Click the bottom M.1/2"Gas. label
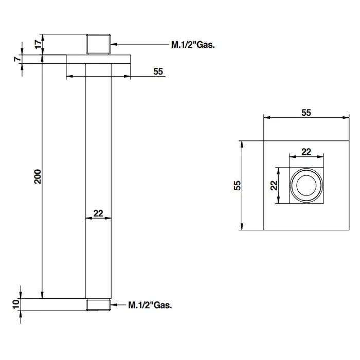150,304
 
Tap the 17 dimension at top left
37,44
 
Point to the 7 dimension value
17,59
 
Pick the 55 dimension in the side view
158,72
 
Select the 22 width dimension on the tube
98,213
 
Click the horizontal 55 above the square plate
306,113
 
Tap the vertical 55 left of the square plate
237,185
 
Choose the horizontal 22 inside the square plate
306,151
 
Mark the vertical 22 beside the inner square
274,185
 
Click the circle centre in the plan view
306,185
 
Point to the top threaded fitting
98,44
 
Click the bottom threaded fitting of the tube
98,304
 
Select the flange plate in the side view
98,59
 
